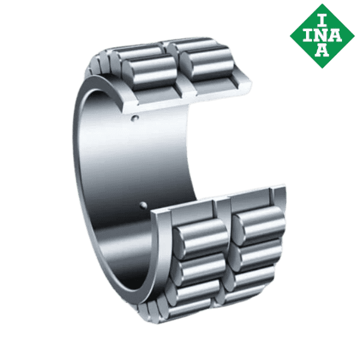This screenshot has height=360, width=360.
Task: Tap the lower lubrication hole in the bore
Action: point(143,206)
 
